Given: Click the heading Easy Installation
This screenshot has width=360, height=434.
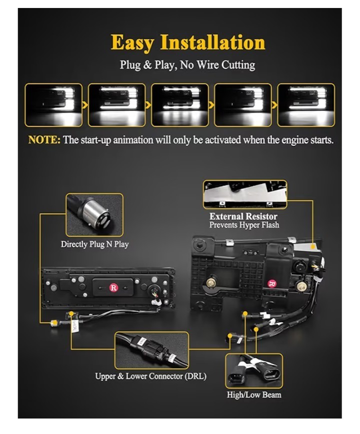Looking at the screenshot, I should pyautogui.click(x=188, y=42).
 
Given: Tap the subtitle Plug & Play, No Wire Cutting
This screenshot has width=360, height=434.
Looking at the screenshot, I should pyautogui.click(x=187, y=65).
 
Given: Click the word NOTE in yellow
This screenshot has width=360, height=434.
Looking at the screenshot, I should pyautogui.click(x=44, y=140).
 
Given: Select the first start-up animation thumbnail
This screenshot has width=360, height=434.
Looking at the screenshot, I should pyautogui.click(x=53, y=105).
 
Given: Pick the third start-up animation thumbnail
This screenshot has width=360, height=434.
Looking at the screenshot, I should pyautogui.click(x=180, y=105).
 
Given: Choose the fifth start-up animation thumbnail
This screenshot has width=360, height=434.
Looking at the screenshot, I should pyautogui.click(x=306, y=105).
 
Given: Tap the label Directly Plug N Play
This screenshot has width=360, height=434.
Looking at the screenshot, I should pyautogui.click(x=94, y=244).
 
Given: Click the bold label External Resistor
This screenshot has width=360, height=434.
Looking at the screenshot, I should pyautogui.click(x=243, y=217).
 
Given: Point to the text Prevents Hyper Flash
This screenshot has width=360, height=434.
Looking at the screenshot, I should pyautogui.click(x=244, y=225).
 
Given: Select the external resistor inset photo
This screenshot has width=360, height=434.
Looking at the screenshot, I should pyautogui.click(x=245, y=195).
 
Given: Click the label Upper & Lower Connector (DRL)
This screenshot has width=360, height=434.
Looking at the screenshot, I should pyautogui.click(x=150, y=376).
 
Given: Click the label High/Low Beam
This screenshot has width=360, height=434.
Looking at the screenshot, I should pyautogui.click(x=254, y=395).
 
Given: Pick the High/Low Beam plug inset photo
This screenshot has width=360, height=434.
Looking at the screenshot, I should pyautogui.click(x=254, y=371).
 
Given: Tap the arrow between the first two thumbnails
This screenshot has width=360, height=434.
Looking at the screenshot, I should pyautogui.click(x=85, y=105).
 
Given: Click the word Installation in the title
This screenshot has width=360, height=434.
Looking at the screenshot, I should pyautogui.click(x=213, y=42).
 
